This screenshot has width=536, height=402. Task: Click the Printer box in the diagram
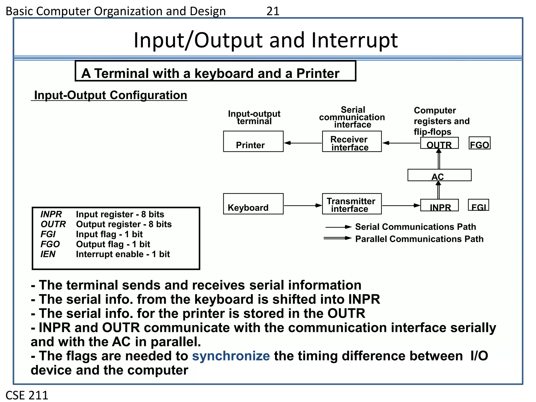253,141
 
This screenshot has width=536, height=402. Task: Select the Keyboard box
253,204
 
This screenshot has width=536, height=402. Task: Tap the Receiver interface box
352,142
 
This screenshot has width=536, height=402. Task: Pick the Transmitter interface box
352,204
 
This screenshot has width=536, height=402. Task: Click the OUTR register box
439,143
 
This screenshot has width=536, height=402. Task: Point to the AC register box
439,175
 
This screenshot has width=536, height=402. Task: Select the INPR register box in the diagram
439,205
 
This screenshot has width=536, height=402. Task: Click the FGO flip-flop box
479,143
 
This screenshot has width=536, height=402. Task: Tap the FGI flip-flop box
478,205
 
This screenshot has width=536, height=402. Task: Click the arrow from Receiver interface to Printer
303,143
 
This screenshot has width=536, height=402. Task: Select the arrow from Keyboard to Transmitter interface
303,206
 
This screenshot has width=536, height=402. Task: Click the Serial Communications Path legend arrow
338,227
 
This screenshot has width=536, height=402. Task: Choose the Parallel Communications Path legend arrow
338,238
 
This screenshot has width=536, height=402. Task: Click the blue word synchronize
231,356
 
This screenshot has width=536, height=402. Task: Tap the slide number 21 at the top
273,11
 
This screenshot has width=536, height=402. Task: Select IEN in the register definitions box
48,254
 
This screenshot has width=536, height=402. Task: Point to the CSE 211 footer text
27,395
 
